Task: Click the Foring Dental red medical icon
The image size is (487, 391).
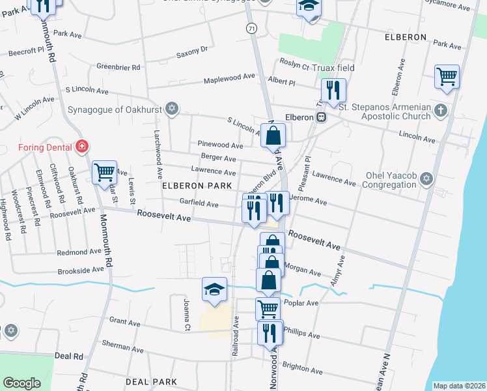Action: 81,146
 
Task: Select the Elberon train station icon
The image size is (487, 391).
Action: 321,117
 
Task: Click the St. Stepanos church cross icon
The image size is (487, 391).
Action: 441,109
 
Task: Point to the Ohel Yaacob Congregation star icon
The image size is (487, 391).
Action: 426,179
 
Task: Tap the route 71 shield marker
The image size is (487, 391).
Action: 251,28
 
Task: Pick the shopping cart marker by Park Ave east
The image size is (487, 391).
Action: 447,77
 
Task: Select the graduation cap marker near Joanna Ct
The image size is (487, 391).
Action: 214,289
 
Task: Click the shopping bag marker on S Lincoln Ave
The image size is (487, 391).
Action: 274,136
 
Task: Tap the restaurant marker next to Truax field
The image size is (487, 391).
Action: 333,90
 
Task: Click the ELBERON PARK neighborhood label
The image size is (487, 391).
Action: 197,186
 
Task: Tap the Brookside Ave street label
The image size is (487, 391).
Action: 81,269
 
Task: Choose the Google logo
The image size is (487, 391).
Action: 22,383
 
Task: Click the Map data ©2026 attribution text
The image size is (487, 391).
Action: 459,386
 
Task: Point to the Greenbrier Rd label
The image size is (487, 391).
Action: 118,67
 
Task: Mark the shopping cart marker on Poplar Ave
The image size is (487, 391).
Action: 268,308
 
